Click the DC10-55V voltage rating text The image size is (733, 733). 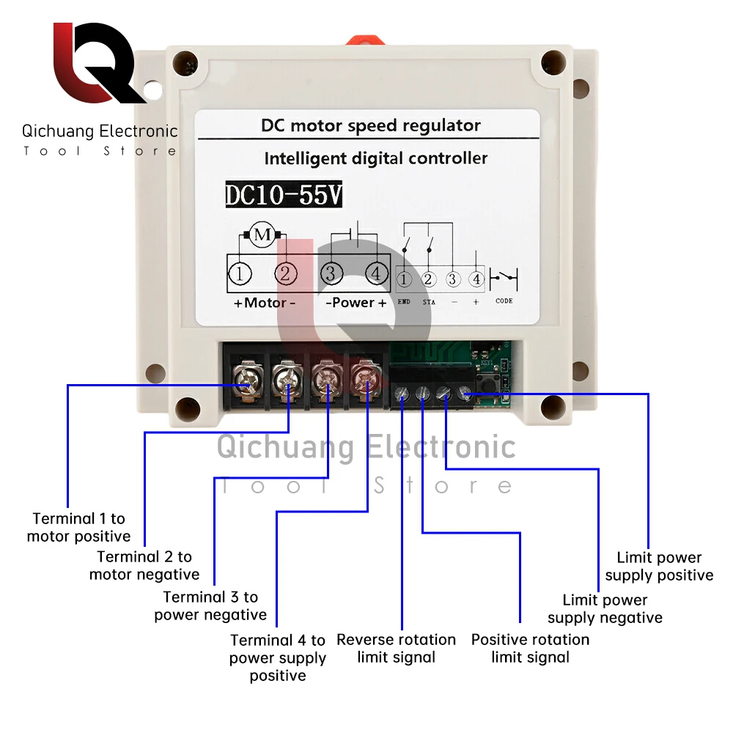click(x=283, y=196)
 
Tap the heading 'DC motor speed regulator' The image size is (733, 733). click(x=371, y=125)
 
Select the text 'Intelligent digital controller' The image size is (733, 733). click(x=375, y=158)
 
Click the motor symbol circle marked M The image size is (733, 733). click(x=262, y=235)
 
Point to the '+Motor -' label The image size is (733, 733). click(x=264, y=303)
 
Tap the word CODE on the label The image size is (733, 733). click(x=504, y=301)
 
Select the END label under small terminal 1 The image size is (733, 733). click(x=404, y=301)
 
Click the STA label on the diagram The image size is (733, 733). click(x=428, y=301)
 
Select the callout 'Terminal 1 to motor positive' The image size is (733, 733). click(x=78, y=528)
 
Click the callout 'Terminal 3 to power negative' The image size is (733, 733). click(x=210, y=606)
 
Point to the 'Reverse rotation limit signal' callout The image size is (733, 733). click(x=396, y=649)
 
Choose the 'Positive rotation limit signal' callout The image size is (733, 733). click(x=530, y=649)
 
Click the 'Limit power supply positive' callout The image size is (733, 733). click(x=659, y=567)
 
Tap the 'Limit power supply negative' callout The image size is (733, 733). click(x=605, y=609)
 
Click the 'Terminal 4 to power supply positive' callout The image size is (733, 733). click(x=278, y=658)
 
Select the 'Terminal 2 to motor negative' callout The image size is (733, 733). click(x=144, y=566)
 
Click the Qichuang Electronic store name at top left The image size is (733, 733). click(x=100, y=131)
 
